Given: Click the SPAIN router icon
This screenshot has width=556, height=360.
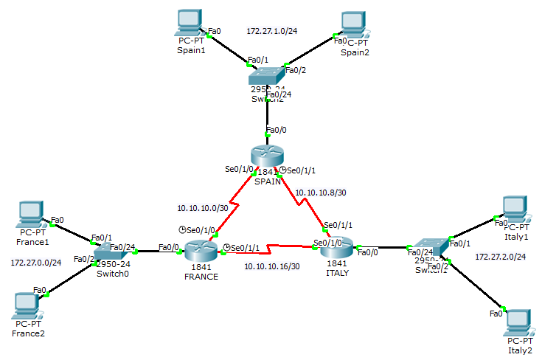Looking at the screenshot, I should point(266,156).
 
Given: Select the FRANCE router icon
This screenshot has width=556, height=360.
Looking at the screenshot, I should point(201,251).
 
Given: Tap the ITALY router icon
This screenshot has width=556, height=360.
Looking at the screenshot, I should point(338,251).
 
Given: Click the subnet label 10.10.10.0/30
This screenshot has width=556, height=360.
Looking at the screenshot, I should point(203,207).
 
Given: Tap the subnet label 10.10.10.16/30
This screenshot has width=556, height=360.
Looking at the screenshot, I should point(272,266).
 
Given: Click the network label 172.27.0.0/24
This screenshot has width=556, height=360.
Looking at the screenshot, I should point(36,263).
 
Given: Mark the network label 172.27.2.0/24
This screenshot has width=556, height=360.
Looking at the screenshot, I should point(501,257).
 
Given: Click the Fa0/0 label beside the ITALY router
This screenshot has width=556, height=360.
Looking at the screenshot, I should point(368,253).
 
